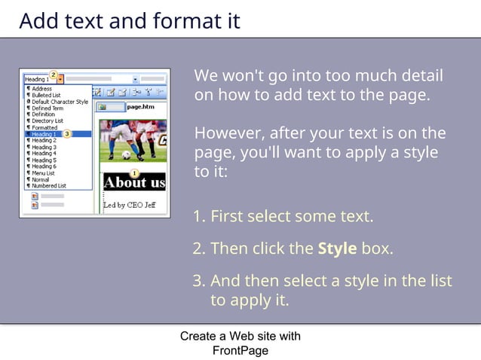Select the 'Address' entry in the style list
41,89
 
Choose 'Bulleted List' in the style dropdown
47,95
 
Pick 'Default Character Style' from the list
60,102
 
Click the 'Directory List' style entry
47,121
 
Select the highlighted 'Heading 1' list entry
44,134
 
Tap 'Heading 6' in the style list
44,166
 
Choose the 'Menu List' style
43,172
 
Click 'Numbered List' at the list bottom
49,185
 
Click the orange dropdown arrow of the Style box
60,78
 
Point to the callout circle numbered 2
53,74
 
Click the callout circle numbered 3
67,134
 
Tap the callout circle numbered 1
134,173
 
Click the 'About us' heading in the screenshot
133,183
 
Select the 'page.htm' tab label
140,107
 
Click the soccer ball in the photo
126,155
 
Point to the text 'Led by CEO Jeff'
130,205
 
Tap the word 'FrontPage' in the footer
240,350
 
